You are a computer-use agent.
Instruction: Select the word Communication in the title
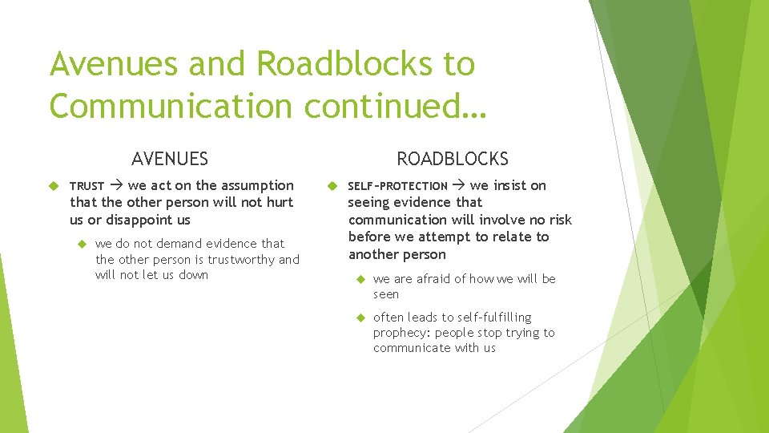tap(169, 105)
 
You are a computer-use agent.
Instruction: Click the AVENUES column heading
tap(170, 159)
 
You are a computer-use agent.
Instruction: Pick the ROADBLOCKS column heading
tap(453, 159)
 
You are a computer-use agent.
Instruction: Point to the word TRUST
tap(87, 186)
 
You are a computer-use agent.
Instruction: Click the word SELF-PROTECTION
tap(397, 186)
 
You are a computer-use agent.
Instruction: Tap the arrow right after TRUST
tap(116, 186)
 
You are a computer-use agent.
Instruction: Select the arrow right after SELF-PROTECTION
tap(458, 186)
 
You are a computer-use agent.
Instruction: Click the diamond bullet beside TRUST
tap(55, 186)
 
